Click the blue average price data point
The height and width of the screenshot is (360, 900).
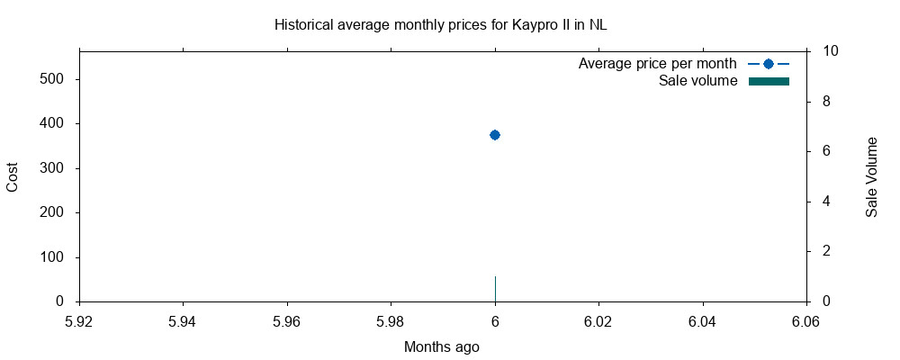[494, 135]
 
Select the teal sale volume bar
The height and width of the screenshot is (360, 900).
[495, 289]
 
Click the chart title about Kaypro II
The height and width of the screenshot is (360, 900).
[440, 24]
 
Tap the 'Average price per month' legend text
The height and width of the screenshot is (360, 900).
[657, 64]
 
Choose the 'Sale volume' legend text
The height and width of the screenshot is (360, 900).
[698, 81]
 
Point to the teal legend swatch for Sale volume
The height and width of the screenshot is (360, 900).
[769, 82]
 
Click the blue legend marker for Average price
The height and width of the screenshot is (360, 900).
[769, 64]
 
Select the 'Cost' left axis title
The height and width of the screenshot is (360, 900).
[13, 176]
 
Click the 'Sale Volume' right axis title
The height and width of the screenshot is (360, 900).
[871, 177]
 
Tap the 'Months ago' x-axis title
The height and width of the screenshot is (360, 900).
[441, 346]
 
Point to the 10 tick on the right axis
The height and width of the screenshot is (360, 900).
[831, 51]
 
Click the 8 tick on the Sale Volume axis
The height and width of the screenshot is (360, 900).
[826, 102]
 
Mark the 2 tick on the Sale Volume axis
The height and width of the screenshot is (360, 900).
[826, 251]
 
